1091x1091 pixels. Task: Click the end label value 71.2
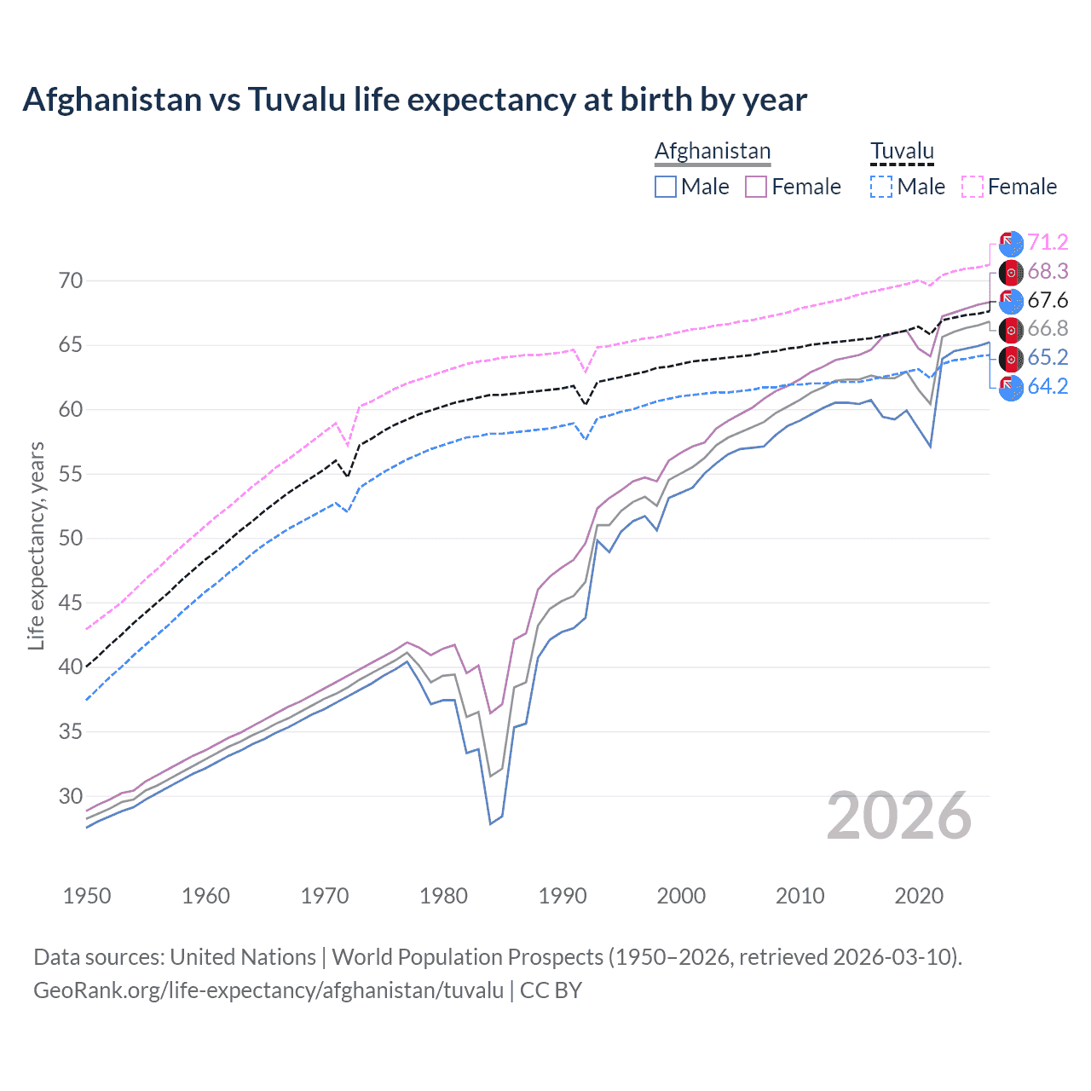(x=1048, y=243)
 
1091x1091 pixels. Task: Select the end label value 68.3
(x=1048, y=272)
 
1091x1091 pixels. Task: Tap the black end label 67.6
(x=1048, y=300)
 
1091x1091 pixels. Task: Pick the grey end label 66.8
(x=1048, y=329)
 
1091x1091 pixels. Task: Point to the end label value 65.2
(x=1048, y=358)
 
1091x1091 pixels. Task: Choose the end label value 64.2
(x=1048, y=387)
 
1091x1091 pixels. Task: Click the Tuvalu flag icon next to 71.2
(x=1011, y=244)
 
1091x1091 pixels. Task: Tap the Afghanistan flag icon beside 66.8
(x=1011, y=330)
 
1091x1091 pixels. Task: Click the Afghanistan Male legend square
(x=666, y=187)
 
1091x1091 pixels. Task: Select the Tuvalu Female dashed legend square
(x=973, y=187)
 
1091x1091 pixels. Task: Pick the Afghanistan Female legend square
(x=756, y=187)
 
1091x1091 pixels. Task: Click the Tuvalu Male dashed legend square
(x=881, y=187)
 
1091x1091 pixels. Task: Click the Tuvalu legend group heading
(x=902, y=152)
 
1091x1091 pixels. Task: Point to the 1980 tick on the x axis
(x=443, y=896)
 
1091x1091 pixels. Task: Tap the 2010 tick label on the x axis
(x=799, y=896)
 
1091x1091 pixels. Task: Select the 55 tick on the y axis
(x=70, y=474)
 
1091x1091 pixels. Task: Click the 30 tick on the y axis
(x=70, y=796)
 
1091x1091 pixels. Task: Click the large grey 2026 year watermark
(x=899, y=817)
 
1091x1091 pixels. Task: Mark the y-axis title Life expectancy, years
(x=37, y=545)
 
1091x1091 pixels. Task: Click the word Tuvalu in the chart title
(x=297, y=100)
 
